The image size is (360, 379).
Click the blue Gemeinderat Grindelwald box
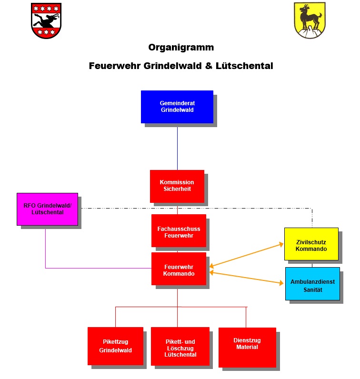click(177, 107)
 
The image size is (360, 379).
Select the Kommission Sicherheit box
click(177, 186)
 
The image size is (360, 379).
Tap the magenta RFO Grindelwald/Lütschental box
click(47, 209)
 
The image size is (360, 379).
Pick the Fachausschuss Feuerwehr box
click(179, 231)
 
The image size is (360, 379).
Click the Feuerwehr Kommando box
click(179, 269)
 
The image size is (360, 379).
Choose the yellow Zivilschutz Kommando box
click(311, 244)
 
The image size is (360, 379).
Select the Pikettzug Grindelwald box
click(115, 346)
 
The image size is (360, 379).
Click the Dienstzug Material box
click(247, 347)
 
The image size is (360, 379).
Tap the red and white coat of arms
click(46, 20)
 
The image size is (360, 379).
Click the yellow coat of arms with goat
click(310, 20)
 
